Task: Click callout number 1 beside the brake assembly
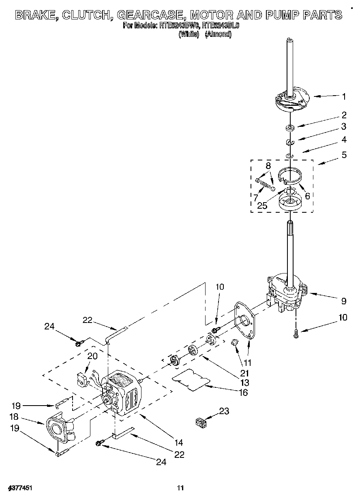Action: coord(344,96)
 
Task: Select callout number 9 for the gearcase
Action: coord(344,301)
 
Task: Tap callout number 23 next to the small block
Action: coord(224,411)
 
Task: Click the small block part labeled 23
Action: coord(200,422)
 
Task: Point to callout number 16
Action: coord(243,392)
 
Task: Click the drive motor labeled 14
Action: coord(122,393)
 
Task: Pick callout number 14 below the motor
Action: coord(179,442)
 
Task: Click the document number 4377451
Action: coord(20,487)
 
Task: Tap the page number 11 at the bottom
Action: coord(181,487)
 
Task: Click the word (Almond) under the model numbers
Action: coord(218,34)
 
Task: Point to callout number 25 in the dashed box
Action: coord(262,206)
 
